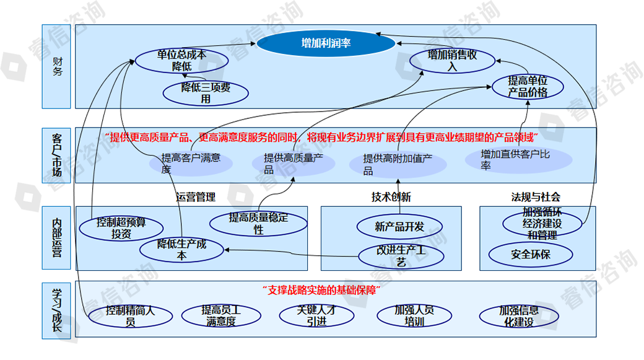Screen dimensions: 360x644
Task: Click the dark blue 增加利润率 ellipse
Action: pyautogui.click(x=326, y=43)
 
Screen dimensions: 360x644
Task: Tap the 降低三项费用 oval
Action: pyautogui.click(x=206, y=92)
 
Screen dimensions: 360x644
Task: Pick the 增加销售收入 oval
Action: pyautogui.click(x=453, y=61)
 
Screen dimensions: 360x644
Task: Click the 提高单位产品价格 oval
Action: pyautogui.click(x=528, y=87)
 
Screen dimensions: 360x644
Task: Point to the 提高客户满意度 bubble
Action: pyautogui.click(x=191, y=162)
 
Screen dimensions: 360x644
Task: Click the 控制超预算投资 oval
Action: pyautogui.click(x=121, y=227)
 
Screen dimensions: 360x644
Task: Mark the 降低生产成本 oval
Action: pyautogui.click(x=181, y=249)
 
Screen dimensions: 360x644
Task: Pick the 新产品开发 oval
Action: pyautogui.click(x=400, y=227)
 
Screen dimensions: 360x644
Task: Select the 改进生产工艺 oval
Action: pyautogui.click(x=400, y=256)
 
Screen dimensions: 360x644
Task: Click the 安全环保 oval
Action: pyautogui.click(x=531, y=254)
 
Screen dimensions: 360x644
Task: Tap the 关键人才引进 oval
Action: pyautogui.click(x=316, y=315)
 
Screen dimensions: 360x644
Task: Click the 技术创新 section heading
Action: pyautogui.click(x=391, y=197)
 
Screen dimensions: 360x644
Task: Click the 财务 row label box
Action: pyautogui.click(x=58, y=66)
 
